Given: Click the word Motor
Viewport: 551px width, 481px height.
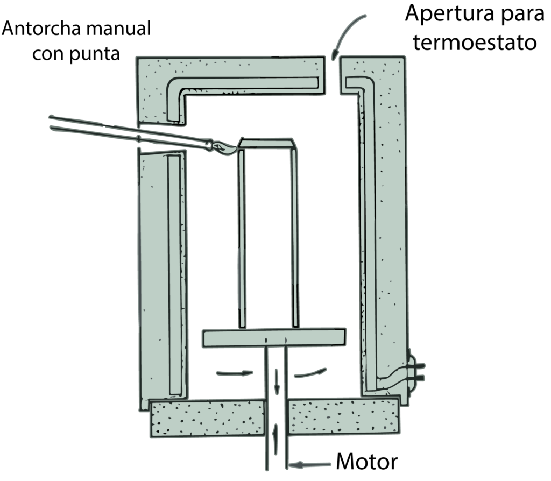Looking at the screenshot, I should coord(367,462).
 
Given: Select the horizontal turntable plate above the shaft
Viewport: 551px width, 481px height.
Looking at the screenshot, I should coord(274,337).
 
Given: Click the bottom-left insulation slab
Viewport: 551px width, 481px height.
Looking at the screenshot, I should coord(207,418).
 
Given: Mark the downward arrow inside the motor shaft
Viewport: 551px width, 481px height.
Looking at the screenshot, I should coord(277,381).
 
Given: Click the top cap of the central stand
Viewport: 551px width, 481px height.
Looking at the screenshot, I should coord(267,144).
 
